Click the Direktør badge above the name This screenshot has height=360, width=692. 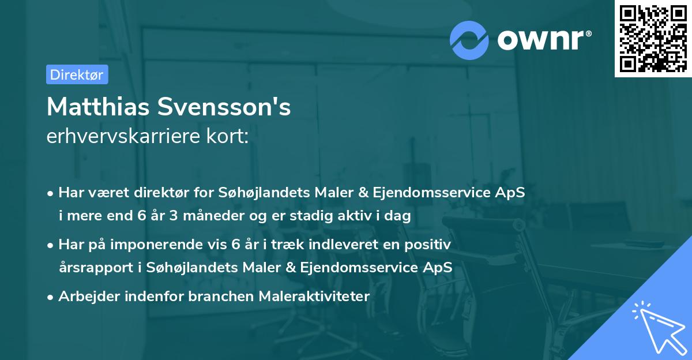pyautogui.click(x=77, y=74)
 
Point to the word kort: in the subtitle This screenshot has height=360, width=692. pyautogui.click(x=229, y=137)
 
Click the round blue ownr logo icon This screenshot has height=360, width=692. pyautogui.click(x=469, y=40)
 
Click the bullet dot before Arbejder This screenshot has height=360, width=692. pyautogui.click(x=51, y=297)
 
